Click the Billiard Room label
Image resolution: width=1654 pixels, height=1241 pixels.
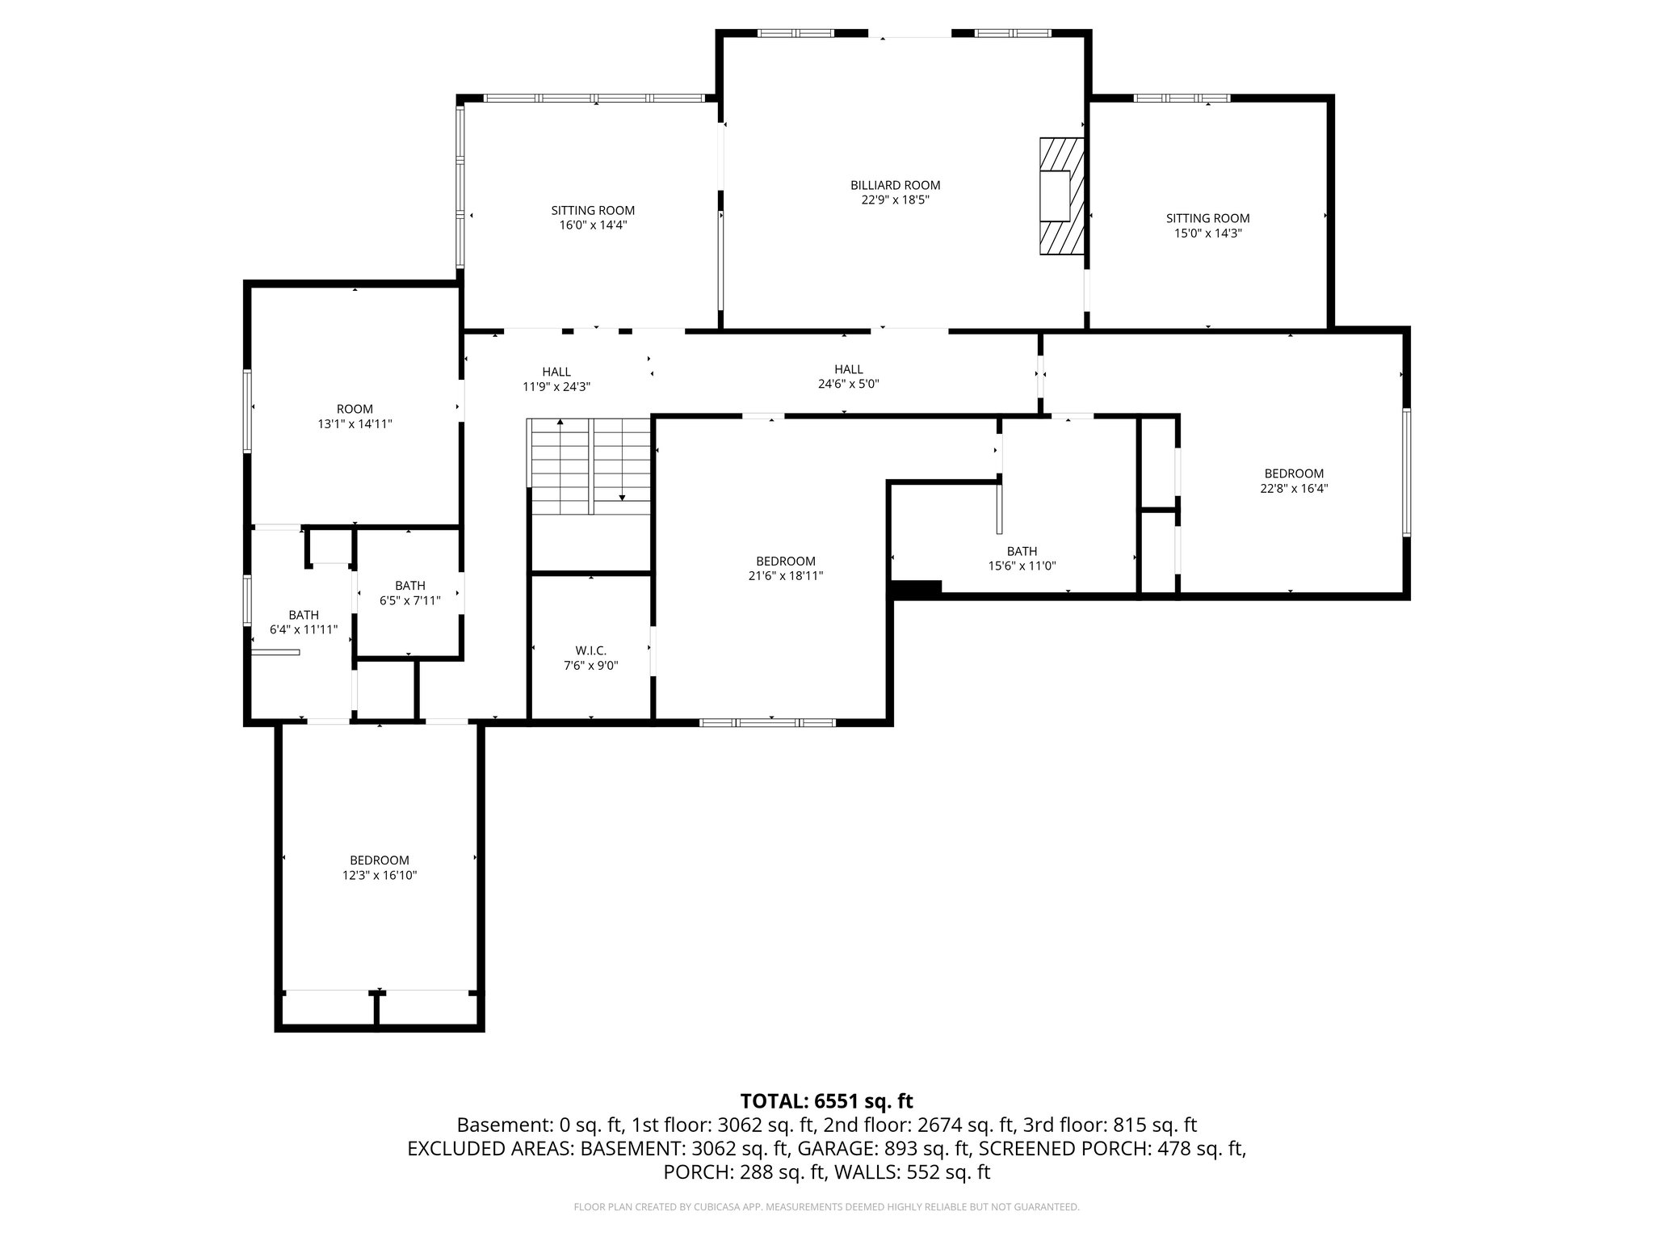coord(895,185)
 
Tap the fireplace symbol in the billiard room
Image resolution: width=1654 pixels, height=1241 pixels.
coord(1060,196)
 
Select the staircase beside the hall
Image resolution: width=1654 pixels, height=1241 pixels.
coord(590,466)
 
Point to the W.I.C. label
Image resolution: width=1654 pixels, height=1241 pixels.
coord(590,650)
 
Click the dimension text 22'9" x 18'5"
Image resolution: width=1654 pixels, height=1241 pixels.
coord(895,200)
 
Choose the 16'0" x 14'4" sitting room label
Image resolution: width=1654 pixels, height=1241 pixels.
coord(593,218)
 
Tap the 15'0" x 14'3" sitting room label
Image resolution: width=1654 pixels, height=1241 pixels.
coord(1207,225)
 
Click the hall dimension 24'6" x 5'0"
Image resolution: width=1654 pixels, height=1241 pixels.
coord(848,385)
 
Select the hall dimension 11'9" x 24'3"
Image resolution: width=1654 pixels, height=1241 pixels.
coord(556,387)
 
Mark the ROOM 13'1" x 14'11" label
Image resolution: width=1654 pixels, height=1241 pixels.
coord(355,416)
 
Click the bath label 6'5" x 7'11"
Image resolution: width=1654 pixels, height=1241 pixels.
coord(410,593)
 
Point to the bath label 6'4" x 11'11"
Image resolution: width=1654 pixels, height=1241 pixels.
coord(304,622)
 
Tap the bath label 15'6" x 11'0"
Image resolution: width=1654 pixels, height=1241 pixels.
coord(1022,558)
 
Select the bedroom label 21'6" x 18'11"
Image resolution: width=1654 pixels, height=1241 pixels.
coord(785,568)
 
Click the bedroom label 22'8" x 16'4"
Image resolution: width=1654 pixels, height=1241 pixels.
coord(1294,481)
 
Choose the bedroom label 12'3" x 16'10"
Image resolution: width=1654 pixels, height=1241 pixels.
coord(379,868)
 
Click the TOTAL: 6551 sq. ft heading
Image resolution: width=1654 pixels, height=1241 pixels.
coord(826,1101)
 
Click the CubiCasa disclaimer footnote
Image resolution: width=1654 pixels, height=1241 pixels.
coord(826,1207)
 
